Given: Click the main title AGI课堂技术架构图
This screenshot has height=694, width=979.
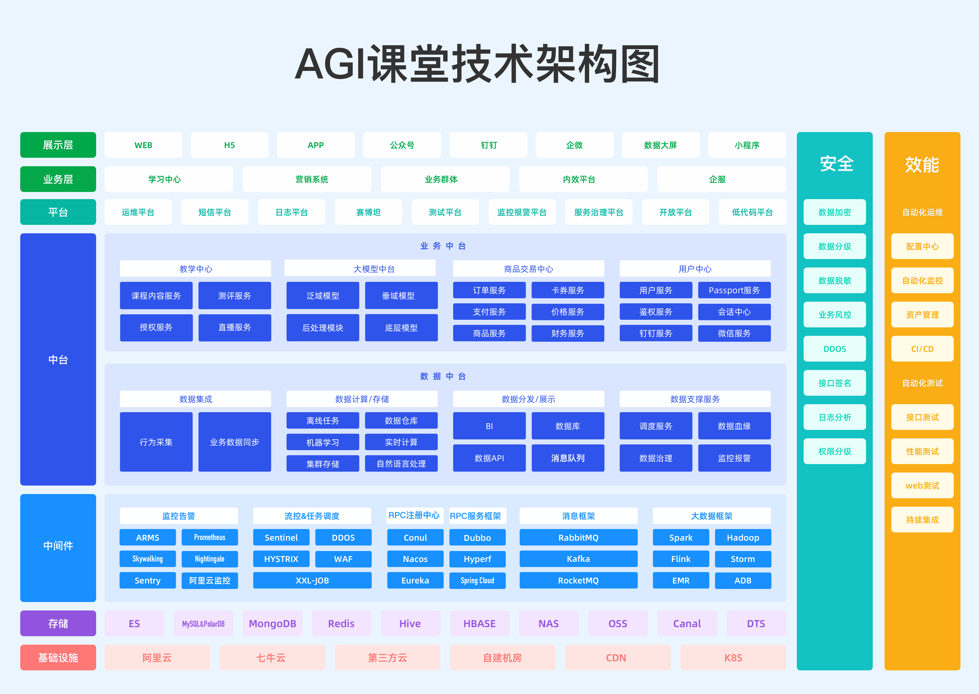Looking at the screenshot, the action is [x=477, y=64].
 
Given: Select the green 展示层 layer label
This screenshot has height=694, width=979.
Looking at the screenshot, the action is [x=58, y=145].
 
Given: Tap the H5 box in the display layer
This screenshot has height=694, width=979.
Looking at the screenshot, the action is [x=229, y=145].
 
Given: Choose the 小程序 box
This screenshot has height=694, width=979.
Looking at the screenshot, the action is [x=747, y=145].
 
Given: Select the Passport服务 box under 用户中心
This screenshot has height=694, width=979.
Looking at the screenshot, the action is [x=734, y=290].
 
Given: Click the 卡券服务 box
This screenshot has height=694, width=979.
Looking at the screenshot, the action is [x=568, y=290].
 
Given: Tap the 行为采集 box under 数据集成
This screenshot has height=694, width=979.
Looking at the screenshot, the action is [x=156, y=442].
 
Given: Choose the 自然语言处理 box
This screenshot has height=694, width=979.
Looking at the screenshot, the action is [x=401, y=464].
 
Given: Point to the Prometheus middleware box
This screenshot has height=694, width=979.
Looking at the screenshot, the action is [x=210, y=537].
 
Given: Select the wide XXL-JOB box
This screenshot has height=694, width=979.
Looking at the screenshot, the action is [x=312, y=580].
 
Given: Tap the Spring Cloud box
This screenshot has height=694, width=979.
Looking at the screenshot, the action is [x=477, y=580].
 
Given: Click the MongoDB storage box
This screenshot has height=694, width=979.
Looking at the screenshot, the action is [x=272, y=624].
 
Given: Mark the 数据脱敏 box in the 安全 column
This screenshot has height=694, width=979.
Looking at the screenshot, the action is [x=835, y=280].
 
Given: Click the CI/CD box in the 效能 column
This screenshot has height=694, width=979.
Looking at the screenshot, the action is [x=922, y=349].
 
